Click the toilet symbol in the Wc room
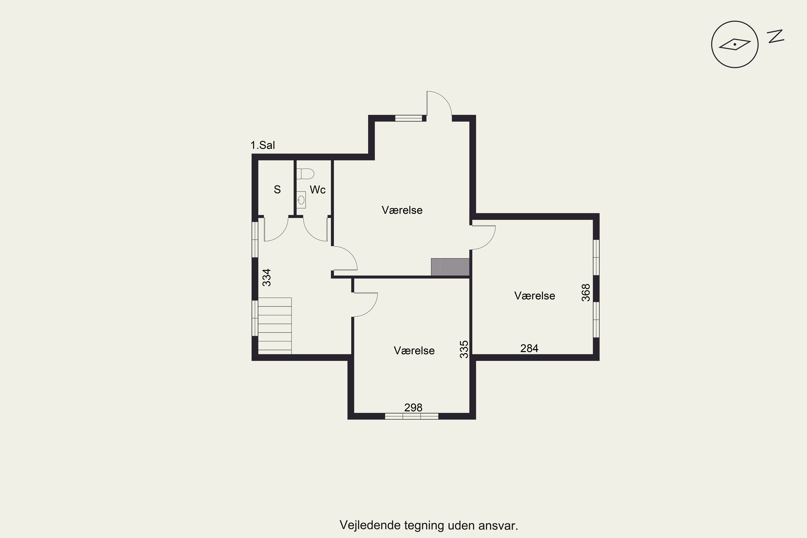[305, 174]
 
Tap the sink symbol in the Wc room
[301, 200]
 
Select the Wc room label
[317, 190]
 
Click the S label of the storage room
[277, 189]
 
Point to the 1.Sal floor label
[263, 145]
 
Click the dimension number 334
[267, 277]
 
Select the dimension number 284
[529, 348]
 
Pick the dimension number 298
[413, 408]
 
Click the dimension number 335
[464, 349]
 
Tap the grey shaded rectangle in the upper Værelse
[450, 267]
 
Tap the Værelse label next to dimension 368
[535, 296]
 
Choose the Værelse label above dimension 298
[414, 351]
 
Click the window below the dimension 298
[412, 416]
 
